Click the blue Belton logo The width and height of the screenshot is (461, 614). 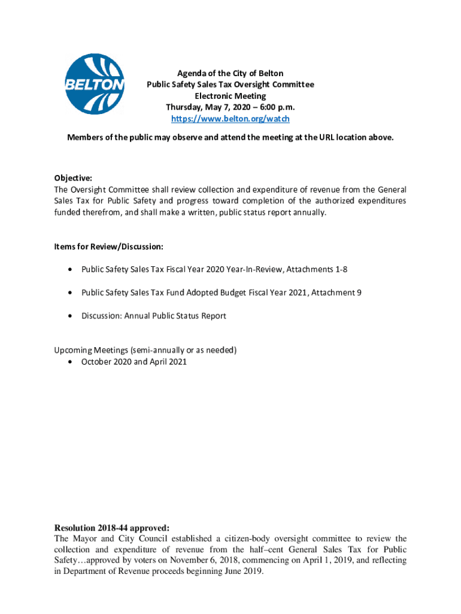click(x=95, y=84)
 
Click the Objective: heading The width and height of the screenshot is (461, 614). click(x=73, y=178)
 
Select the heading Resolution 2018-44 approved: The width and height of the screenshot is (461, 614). click(x=112, y=528)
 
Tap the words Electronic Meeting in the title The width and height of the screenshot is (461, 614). click(x=230, y=96)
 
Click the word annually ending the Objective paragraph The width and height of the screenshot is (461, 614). click(x=310, y=212)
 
